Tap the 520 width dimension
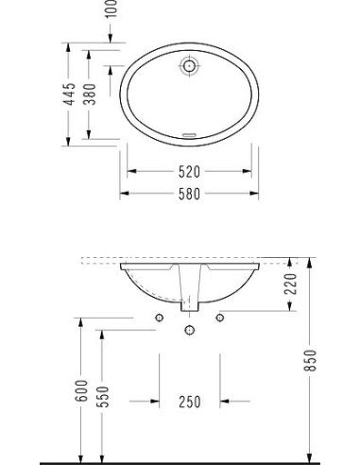click(x=189, y=172)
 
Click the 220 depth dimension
click(x=291, y=282)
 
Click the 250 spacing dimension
click(x=189, y=402)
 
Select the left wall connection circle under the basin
click(x=159, y=316)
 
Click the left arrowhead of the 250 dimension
click(x=155, y=402)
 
